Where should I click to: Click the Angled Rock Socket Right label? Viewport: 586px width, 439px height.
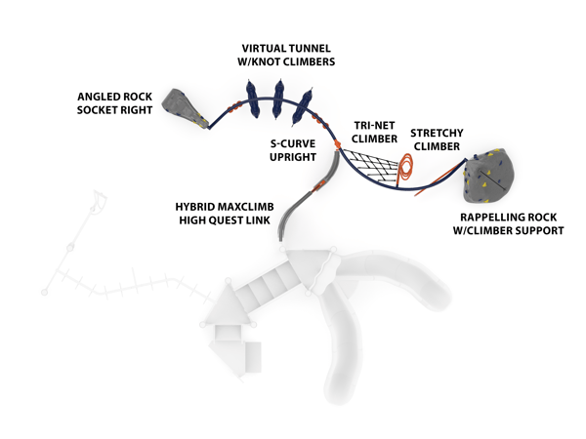point(116,103)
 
